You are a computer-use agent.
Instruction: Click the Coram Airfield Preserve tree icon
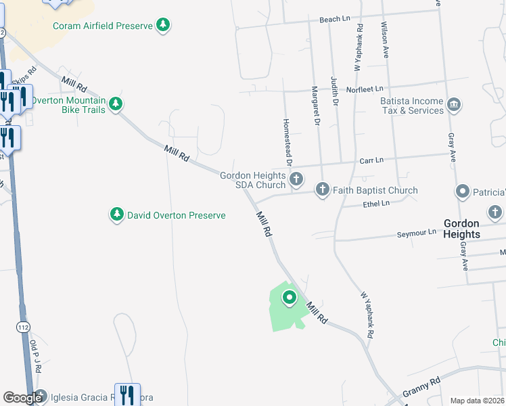click(x=162, y=26)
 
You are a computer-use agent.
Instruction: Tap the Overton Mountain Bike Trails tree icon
click(x=116, y=104)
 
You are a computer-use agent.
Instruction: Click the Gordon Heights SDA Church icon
click(x=296, y=179)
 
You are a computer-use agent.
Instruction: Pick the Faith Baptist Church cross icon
click(x=323, y=190)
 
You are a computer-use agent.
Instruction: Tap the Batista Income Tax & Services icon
click(x=454, y=104)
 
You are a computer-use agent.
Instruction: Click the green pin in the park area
click(x=290, y=298)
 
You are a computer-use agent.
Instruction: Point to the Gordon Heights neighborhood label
click(x=461, y=229)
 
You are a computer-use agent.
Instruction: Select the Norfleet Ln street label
click(x=365, y=89)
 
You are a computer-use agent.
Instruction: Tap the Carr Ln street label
click(x=371, y=160)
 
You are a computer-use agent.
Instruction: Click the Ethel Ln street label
click(x=376, y=203)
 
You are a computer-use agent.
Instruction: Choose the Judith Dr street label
click(x=334, y=91)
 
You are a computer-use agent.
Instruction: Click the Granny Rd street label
click(x=421, y=386)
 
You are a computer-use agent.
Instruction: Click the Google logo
click(x=22, y=398)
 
